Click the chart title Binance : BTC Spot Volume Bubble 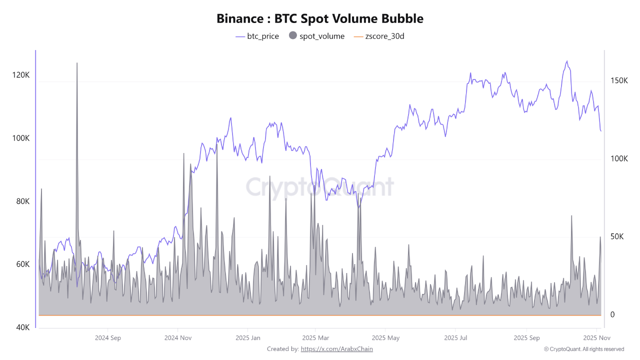click(320, 18)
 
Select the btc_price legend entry click(257, 36)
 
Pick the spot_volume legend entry click(317, 36)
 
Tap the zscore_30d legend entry click(378, 36)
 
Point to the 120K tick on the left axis click(21, 75)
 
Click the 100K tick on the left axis click(21, 138)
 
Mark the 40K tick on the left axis click(22, 327)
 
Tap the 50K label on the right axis click(617, 236)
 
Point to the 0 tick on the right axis click(612, 314)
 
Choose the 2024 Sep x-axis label click(108, 337)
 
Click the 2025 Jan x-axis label click(248, 337)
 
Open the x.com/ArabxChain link click(336, 349)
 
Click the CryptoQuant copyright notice click(583, 349)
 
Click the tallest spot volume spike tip click(77, 63)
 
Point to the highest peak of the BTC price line click(566, 61)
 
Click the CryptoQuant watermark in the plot click(320, 187)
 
